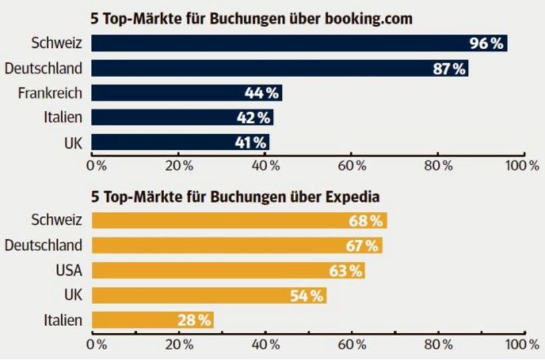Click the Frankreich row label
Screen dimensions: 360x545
tap(50, 93)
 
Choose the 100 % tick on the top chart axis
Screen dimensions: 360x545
tap(524, 164)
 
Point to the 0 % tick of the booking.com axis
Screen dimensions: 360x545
tap(97, 164)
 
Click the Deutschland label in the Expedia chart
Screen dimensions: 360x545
tap(44, 245)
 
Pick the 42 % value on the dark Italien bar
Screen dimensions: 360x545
tap(253, 118)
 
